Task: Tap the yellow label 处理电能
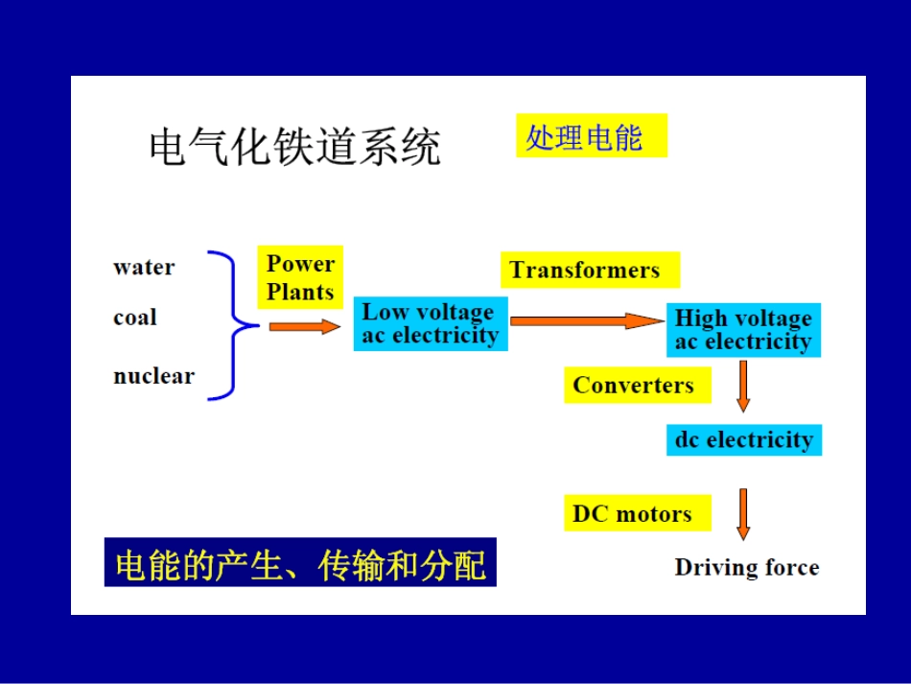tap(590, 136)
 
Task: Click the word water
tap(144, 268)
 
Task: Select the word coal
tap(135, 318)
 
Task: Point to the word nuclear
tap(153, 376)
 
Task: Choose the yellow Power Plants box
tap(300, 278)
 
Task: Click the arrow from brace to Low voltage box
tap(304, 326)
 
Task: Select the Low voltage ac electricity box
tap(430, 324)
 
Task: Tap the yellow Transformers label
tap(589, 271)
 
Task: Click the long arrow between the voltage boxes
tap(586, 321)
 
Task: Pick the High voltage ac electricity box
tap(743, 330)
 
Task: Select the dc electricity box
tap(744, 440)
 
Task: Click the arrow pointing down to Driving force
tap(742, 513)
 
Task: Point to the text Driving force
tap(746, 568)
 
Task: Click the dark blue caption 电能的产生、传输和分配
tap(300, 563)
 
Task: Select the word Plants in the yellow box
tap(300, 292)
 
